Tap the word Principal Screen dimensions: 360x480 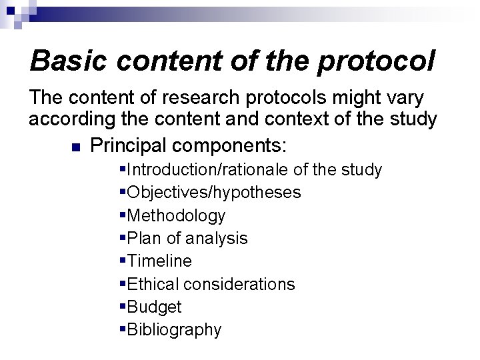tap(127, 144)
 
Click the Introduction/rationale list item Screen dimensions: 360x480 tap(253, 170)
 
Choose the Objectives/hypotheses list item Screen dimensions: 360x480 tap(213, 193)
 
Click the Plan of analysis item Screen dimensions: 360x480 tap(187, 238)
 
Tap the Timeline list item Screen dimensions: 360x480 tap(159, 261)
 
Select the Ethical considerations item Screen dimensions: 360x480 tap(211, 284)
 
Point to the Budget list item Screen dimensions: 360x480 tap(154, 307)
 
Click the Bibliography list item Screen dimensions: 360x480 tap(174, 329)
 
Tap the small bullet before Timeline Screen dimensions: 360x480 tap(123, 261)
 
